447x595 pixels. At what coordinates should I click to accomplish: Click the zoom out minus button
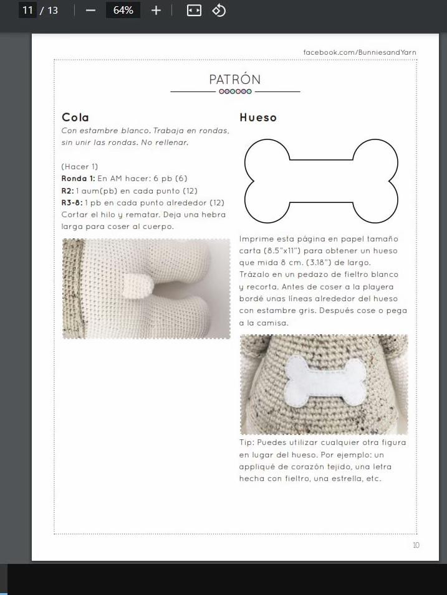(91, 11)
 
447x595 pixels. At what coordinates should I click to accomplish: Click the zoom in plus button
(156, 11)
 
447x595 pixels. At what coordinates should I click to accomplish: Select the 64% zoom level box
(123, 11)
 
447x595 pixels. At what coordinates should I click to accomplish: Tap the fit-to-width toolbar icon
(194, 11)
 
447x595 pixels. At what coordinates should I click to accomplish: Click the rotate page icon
(219, 11)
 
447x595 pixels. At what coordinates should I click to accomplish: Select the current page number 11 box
(27, 11)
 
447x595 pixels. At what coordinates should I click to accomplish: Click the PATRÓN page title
(235, 80)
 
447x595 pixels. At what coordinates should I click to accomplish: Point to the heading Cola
(75, 118)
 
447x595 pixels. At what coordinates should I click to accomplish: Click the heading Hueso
(258, 118)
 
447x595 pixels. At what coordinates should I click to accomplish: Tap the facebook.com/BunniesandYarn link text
(360, 52)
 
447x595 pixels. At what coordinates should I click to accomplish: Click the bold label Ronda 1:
(78, 179)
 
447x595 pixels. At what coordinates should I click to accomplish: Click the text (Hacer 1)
(80, 167)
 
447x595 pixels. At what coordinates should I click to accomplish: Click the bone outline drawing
(321, 181)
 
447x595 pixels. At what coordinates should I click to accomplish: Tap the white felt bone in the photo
(324, 382)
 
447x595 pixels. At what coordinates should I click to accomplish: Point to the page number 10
(416, 545)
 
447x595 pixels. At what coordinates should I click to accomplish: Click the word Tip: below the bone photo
(247, 443)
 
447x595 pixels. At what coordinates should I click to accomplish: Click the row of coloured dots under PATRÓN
(235, 91)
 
